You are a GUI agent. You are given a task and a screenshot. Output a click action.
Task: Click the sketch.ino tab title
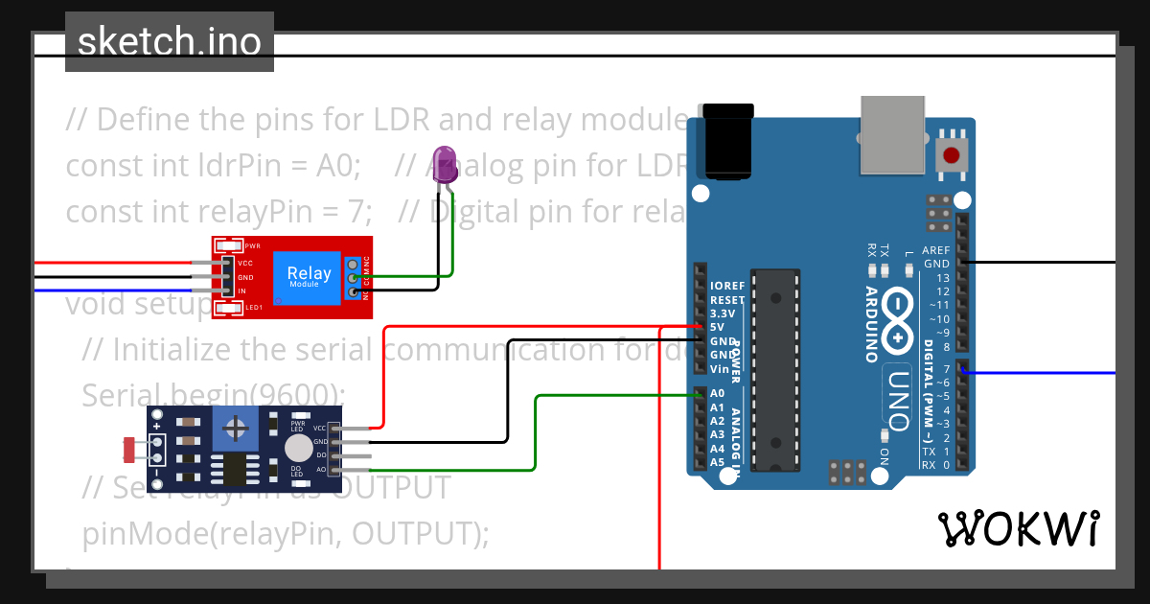[170, 42]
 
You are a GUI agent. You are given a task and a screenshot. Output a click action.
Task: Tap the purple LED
[444, 165]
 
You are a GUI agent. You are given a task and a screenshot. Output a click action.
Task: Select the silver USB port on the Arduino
[893, 135]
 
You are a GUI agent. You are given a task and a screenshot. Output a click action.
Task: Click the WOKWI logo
[1019, 528]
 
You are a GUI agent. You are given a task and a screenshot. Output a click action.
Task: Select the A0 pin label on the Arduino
[718, 393]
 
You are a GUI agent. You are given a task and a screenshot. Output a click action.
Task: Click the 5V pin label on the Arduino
[718, 327]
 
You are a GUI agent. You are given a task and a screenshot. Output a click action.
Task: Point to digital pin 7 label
[946, 369]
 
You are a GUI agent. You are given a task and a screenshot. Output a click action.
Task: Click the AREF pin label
[936, 250]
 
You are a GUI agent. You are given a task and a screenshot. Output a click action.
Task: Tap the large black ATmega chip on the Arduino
[774, 370]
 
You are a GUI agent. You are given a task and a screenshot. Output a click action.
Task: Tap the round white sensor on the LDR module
[299, 449]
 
